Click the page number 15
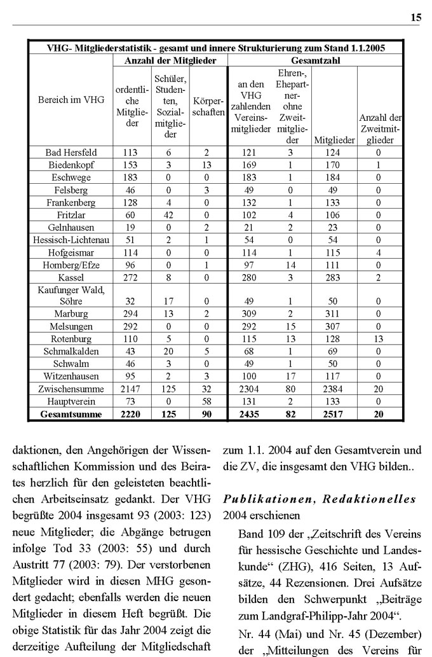pyautogui.click(x=415, y=18)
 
